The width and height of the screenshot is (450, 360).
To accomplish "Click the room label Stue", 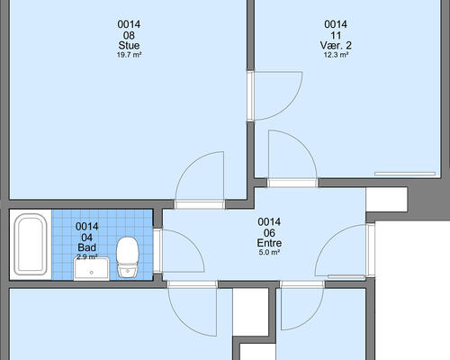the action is [x=129, y=46].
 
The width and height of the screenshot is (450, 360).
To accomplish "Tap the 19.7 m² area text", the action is [x=129, y=55].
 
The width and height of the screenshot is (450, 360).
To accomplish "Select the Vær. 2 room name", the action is [x=336, y=46].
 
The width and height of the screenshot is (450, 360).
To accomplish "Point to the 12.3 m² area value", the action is [x=336, y=55].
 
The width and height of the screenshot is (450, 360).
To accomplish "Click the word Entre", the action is [x=269, y=243].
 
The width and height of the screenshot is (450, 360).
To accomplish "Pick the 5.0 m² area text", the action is [x=269, y=252].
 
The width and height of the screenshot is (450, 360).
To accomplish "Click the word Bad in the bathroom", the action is [x=87, y=247].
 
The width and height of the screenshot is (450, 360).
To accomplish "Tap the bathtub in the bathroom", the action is [x=31, y=245].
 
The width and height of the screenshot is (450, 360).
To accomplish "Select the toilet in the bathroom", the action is [x=128, y=257].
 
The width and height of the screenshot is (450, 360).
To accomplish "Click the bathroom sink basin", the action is [x=92, y=268].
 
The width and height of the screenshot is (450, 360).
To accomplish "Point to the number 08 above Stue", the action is [x=129, y=35].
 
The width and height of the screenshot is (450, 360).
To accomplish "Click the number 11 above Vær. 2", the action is [x=336, y=35].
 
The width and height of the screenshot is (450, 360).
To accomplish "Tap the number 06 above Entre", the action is [x=269, y=233].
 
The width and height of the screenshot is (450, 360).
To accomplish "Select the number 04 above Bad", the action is [x=87, y=238].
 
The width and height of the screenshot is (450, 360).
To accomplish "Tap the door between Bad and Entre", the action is [x=179, y=251].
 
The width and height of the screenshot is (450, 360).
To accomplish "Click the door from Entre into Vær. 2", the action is [x=292, y=158].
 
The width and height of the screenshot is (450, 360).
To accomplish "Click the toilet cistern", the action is [x=128, y=272].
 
